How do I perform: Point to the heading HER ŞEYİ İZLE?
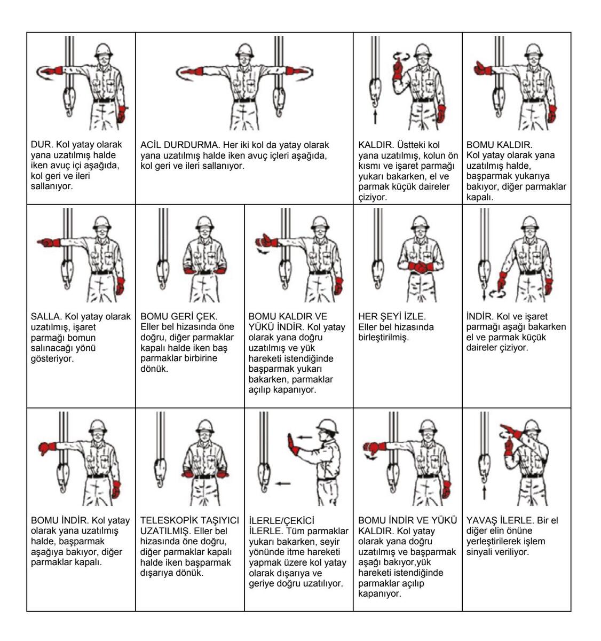[x=392, y=316]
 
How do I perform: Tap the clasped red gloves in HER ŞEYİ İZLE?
[x=421, y=267]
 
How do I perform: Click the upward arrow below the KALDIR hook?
[x=375, y=117]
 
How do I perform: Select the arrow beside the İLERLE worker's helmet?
[x=304, y=437]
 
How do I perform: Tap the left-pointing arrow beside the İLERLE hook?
[x=283, y=483]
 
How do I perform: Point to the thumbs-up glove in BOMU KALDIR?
[x=483, y=68]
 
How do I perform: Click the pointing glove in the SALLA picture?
[x=49, y=242]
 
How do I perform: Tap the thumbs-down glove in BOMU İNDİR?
[x=47, y=447]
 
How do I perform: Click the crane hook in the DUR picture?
[x=69, y=101]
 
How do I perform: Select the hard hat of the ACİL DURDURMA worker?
[x=245, y=50]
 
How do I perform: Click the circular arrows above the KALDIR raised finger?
[x=401, y=56]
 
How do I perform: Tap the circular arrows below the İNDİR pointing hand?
[x=497, y=293]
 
